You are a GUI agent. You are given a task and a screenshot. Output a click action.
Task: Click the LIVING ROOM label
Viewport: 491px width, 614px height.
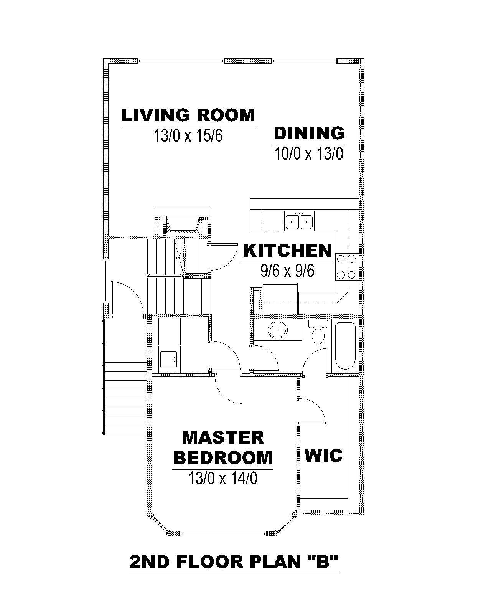(188, 115)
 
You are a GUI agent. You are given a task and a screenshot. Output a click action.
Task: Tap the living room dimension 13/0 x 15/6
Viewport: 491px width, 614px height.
(188, 135)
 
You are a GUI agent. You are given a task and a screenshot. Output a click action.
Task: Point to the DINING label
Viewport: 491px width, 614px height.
(309, 133)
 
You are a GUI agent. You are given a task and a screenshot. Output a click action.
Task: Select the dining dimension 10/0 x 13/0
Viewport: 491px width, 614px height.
(309, 153)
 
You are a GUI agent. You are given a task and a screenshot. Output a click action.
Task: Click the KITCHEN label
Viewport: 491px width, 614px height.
(288, 251)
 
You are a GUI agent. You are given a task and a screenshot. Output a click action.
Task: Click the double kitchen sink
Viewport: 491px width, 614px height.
(299, 221)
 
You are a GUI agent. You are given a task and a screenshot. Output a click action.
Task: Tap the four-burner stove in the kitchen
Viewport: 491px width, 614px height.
(347, 267)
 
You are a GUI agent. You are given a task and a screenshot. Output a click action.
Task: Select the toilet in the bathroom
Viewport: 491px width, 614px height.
(318, 332)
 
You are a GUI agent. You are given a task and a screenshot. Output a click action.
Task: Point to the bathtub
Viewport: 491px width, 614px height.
(345, 346)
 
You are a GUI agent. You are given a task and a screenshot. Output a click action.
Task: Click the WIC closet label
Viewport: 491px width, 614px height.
(323, 456)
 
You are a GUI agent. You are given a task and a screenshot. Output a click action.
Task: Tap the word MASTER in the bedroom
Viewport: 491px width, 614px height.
(223, 438)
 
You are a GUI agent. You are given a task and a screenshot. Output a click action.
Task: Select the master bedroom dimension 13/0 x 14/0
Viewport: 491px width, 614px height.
(222, 478)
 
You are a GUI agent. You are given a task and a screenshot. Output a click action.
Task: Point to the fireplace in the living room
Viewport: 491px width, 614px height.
(183, 223)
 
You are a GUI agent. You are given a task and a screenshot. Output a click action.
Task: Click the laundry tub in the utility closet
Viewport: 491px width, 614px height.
(169, 360)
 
